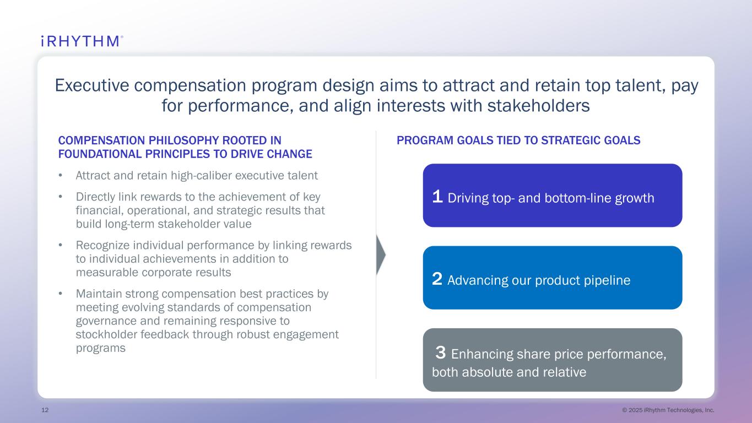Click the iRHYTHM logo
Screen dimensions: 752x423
point(82,41)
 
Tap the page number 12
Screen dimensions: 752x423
point(45,410)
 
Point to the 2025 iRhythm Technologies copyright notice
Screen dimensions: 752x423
point(668,410)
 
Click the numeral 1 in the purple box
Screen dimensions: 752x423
point(437,197)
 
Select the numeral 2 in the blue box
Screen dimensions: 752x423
point(437,279)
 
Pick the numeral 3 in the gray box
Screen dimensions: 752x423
point(441,352)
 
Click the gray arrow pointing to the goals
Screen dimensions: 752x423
point(381,255)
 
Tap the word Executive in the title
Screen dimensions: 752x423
point(92,85)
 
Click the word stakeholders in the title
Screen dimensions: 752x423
point(538,105)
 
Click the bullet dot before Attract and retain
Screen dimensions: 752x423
point(61,175)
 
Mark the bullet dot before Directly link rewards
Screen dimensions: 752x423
point(61,197)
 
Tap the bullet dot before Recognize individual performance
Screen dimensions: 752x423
point(61,245)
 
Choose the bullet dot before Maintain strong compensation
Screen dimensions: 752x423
point(61,294)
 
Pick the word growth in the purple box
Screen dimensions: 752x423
point(635,198)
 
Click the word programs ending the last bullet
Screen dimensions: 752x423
point(101,349)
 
